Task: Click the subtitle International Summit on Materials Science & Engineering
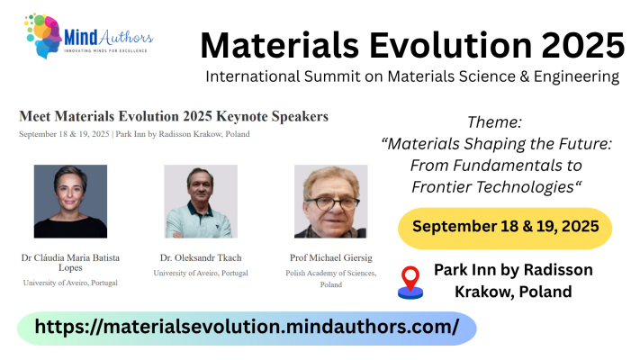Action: click(x=411, y=76)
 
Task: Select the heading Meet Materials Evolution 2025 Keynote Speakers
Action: click(x=174, y=116)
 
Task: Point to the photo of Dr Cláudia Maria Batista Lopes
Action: click(x=70, y=201)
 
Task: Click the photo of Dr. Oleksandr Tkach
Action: click(x=201, y=201)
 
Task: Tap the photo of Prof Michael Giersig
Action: click(x=330, y=201)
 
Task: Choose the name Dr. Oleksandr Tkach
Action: click(x=201, y=257)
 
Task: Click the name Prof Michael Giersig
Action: click(x=330, y=257)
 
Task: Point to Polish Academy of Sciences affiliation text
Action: click(x=330, y=278)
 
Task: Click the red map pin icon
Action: click(x=410, y=282)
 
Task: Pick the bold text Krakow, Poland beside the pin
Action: click(x=512, y=292)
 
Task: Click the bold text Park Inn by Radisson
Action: click(x=512, y=270)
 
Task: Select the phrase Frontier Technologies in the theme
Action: click(x=494, y=186)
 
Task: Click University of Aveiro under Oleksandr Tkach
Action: click(x=201, y=273)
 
